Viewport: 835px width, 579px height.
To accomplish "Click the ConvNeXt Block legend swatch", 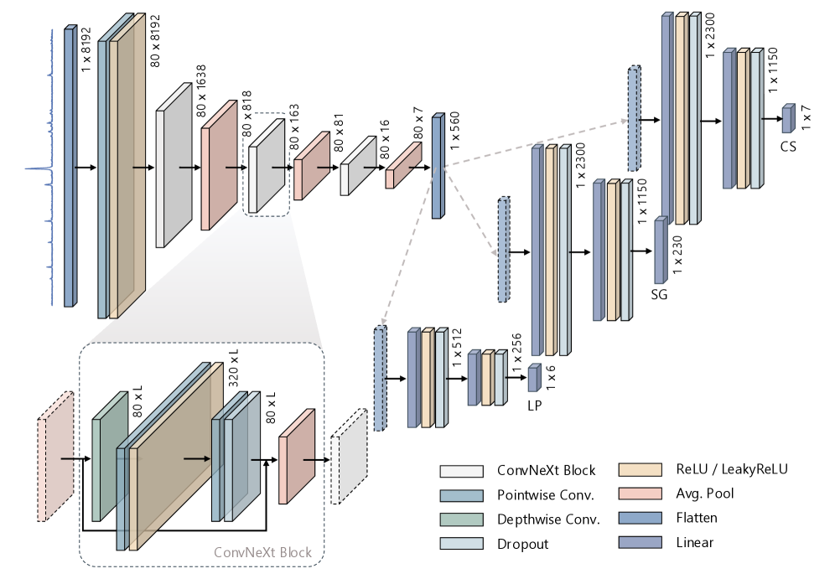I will [x=461, y=471].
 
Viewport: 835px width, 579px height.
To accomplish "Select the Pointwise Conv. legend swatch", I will [x=461, y=495].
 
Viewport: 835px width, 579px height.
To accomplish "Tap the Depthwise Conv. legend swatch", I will [x=461, y=520].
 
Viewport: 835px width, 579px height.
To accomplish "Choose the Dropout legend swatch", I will [x=461, y=544].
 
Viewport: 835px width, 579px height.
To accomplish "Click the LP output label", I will [x=534, y=405].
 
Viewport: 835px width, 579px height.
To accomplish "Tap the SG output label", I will [x=659, y=295].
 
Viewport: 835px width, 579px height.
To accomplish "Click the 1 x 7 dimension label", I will [x=807, y=114].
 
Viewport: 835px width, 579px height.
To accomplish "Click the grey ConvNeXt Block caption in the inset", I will [x=262, y=552].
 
